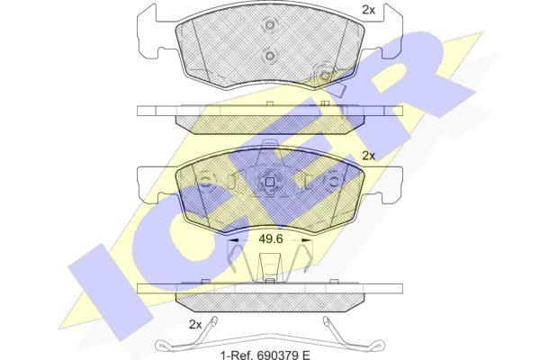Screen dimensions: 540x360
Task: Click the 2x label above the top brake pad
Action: [x=368, y=10]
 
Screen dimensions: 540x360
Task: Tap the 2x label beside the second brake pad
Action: [x=368, y=156]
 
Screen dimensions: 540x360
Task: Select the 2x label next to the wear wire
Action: [x=195, y=324]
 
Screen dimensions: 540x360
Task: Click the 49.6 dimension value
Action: [x=271, y=238]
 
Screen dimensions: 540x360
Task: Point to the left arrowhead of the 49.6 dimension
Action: [x=232, y=240]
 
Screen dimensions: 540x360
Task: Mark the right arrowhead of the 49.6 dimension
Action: [x=307, y=240]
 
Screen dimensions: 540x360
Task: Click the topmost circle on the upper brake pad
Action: [x=270, y=25]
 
